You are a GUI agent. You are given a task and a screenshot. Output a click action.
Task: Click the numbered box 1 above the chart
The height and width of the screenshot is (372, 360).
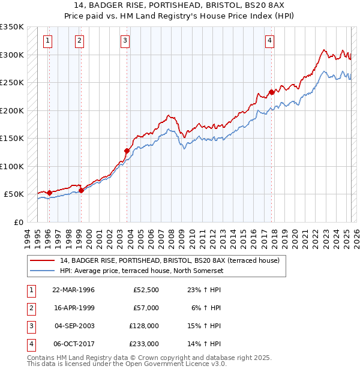point(47,41)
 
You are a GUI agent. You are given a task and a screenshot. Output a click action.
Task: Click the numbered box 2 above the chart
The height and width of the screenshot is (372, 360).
point(79,41)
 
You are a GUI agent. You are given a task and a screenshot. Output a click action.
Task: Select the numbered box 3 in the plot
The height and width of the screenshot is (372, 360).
point(125,41)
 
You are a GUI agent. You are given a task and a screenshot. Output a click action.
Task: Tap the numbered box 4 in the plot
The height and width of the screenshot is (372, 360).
point(270,41)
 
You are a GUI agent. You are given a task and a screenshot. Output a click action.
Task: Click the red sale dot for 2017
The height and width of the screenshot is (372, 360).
point(271,92)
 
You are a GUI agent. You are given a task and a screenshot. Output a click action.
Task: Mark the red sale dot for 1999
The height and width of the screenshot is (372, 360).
point(81,190)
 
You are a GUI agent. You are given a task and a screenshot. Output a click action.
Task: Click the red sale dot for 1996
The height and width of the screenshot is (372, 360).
point(49,193)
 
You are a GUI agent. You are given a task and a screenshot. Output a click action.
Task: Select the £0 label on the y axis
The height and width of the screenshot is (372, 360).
point(17,222)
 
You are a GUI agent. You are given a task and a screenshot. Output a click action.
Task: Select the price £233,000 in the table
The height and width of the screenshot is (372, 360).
point(145,344)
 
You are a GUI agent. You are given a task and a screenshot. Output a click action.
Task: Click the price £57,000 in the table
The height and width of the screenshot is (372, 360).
point(146,308)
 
